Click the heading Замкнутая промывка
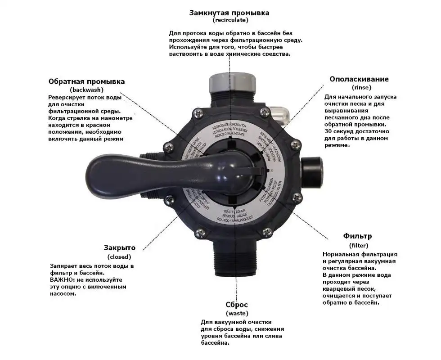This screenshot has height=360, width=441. pos(229,13)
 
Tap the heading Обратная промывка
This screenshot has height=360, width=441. pos(86,81)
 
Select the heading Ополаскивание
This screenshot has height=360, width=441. pos(359,79)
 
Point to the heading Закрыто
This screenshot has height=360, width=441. pos(119,247)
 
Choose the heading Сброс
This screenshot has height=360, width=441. pos(237,305)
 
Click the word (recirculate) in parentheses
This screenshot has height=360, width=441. pos(230,20)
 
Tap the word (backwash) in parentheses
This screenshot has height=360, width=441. pos(86,90)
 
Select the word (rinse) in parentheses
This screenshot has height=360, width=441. pos(359,88)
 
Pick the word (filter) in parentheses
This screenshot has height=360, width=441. pos(359,245)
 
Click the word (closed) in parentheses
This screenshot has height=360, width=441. pos(119,257)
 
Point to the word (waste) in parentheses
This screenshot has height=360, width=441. pos(237,313)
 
